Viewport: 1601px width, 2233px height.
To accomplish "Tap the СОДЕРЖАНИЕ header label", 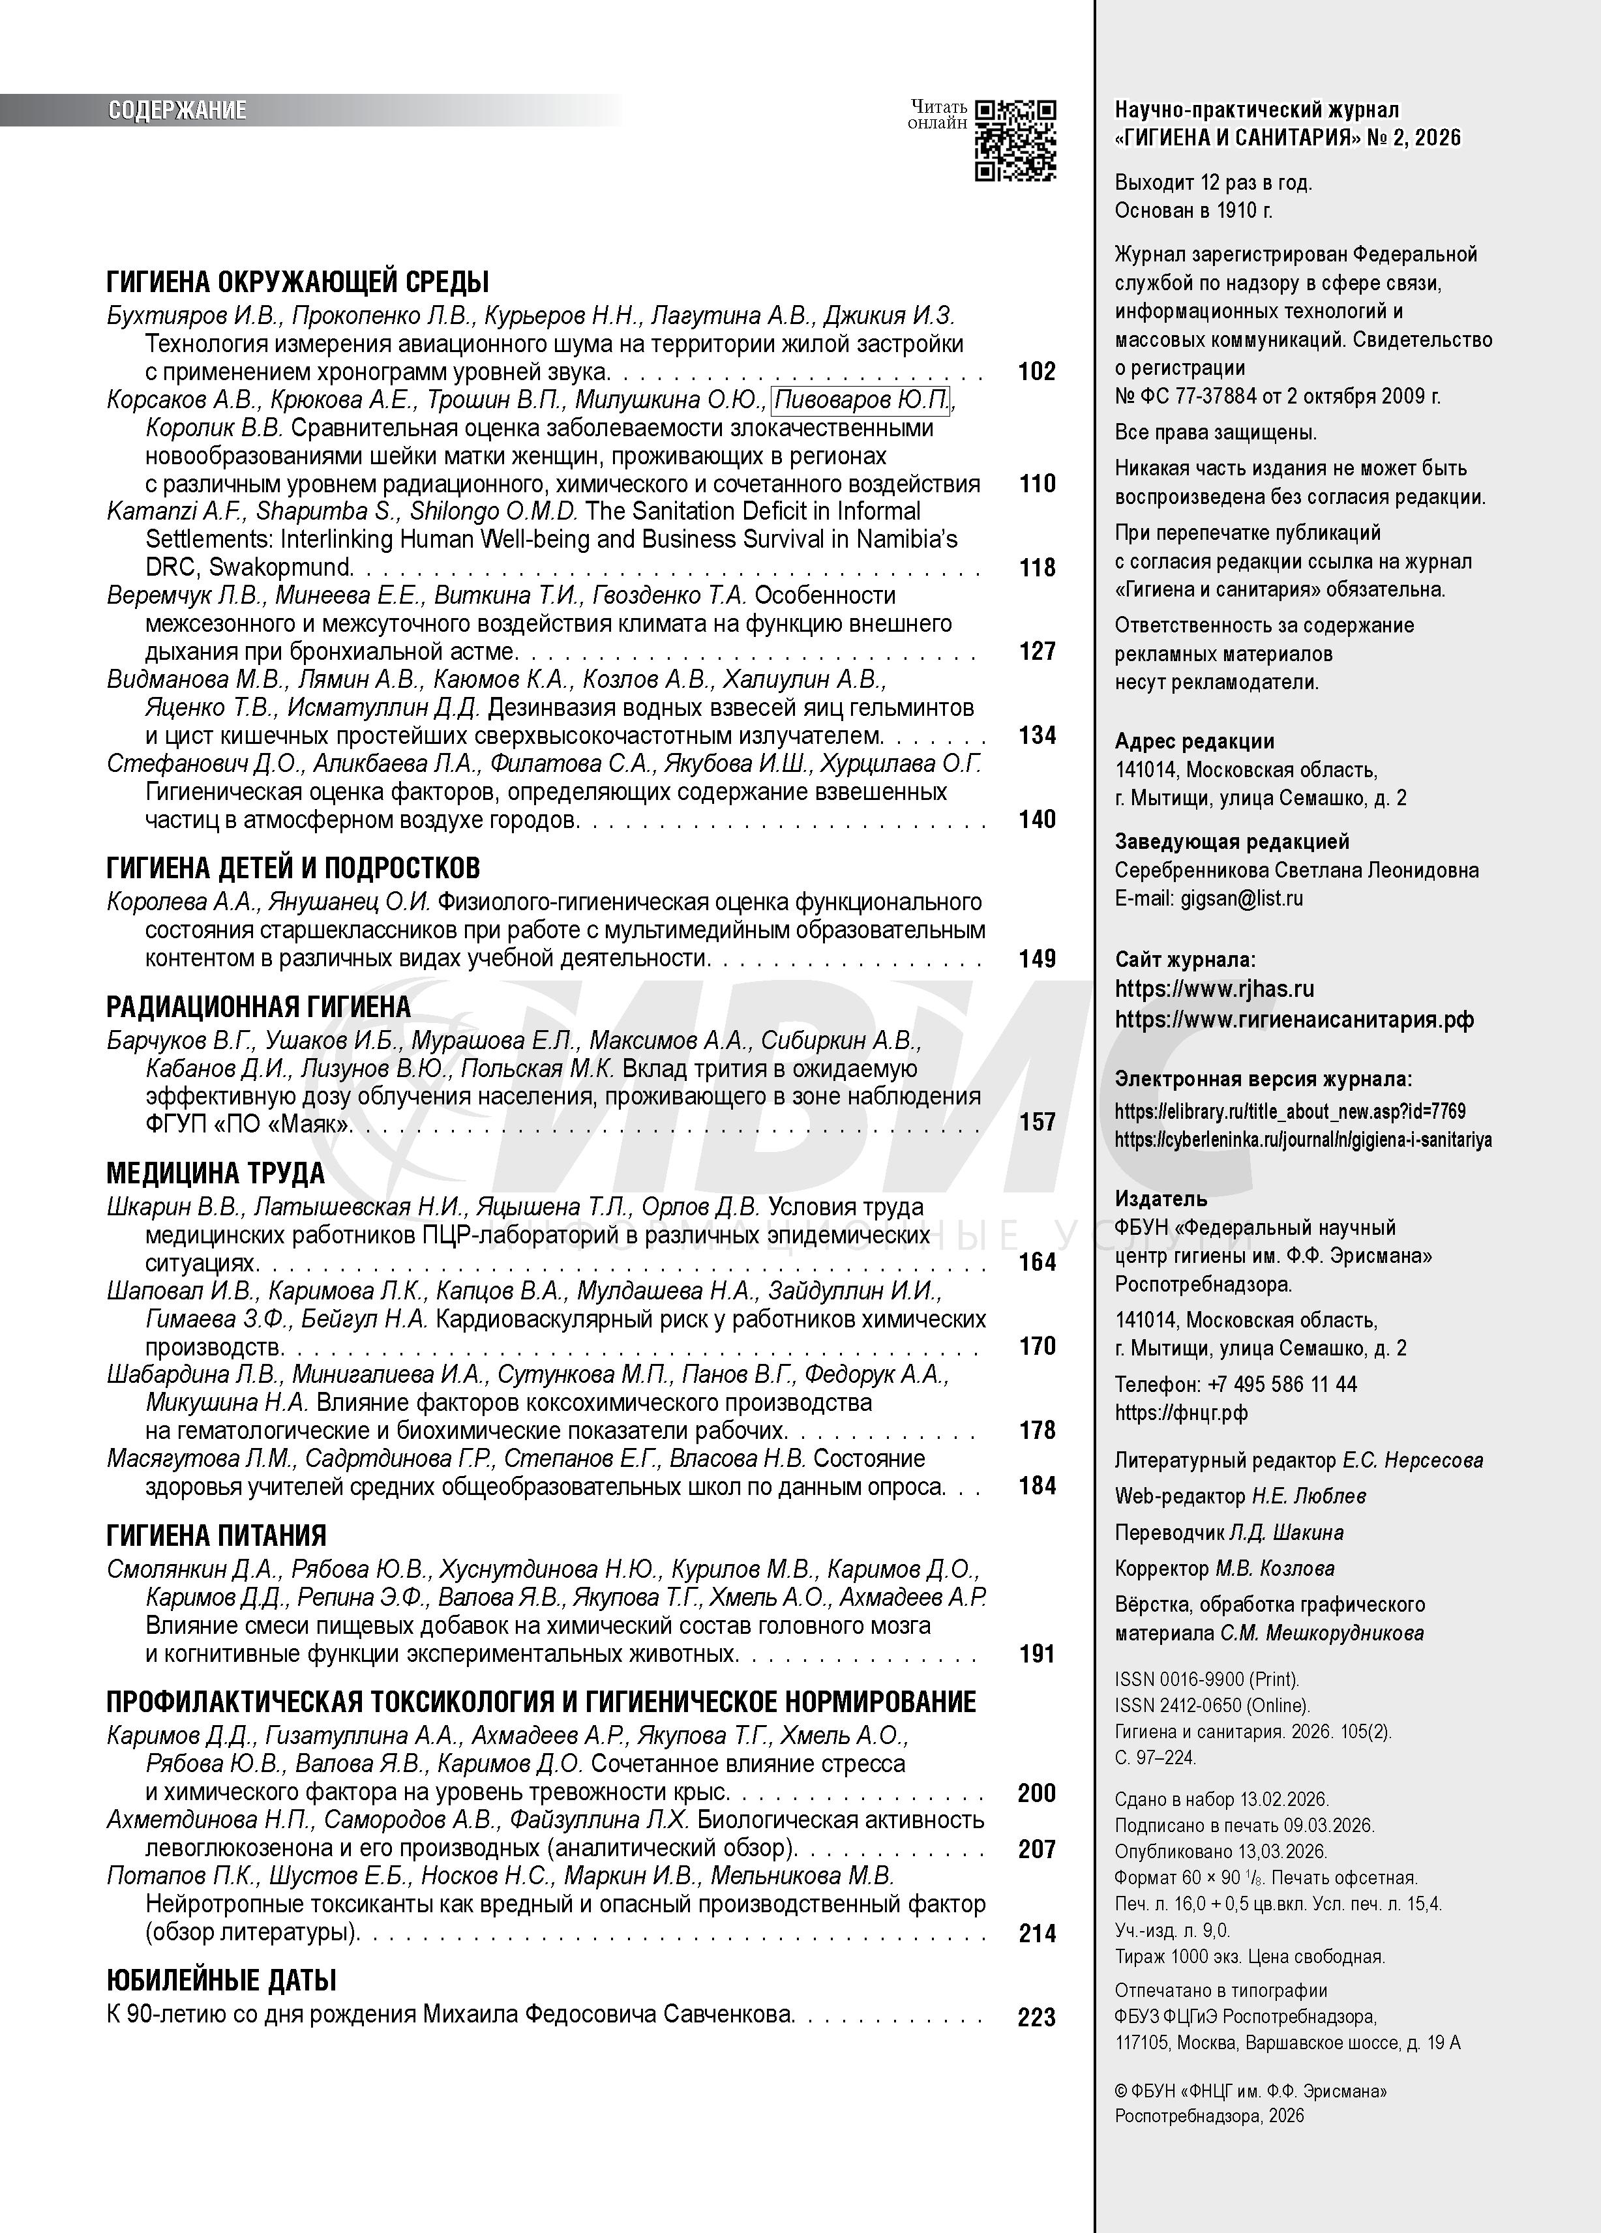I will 177,110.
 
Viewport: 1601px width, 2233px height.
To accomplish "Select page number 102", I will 1037,371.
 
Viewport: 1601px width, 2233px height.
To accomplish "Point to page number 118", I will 1037,567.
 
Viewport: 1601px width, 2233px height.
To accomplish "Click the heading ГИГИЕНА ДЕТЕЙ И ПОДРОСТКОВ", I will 292,867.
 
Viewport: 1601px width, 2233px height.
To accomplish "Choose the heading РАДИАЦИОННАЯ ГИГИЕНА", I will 258,1006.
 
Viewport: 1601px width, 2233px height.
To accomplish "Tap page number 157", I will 1037,1121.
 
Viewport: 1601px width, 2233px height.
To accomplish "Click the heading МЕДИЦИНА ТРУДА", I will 215,1173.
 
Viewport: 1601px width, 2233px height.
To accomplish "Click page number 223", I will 1037,2017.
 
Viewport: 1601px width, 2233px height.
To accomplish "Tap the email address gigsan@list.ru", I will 1242,898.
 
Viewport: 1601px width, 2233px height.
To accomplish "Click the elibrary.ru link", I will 1290,1112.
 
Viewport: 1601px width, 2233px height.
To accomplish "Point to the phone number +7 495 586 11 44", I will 1282,1384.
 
